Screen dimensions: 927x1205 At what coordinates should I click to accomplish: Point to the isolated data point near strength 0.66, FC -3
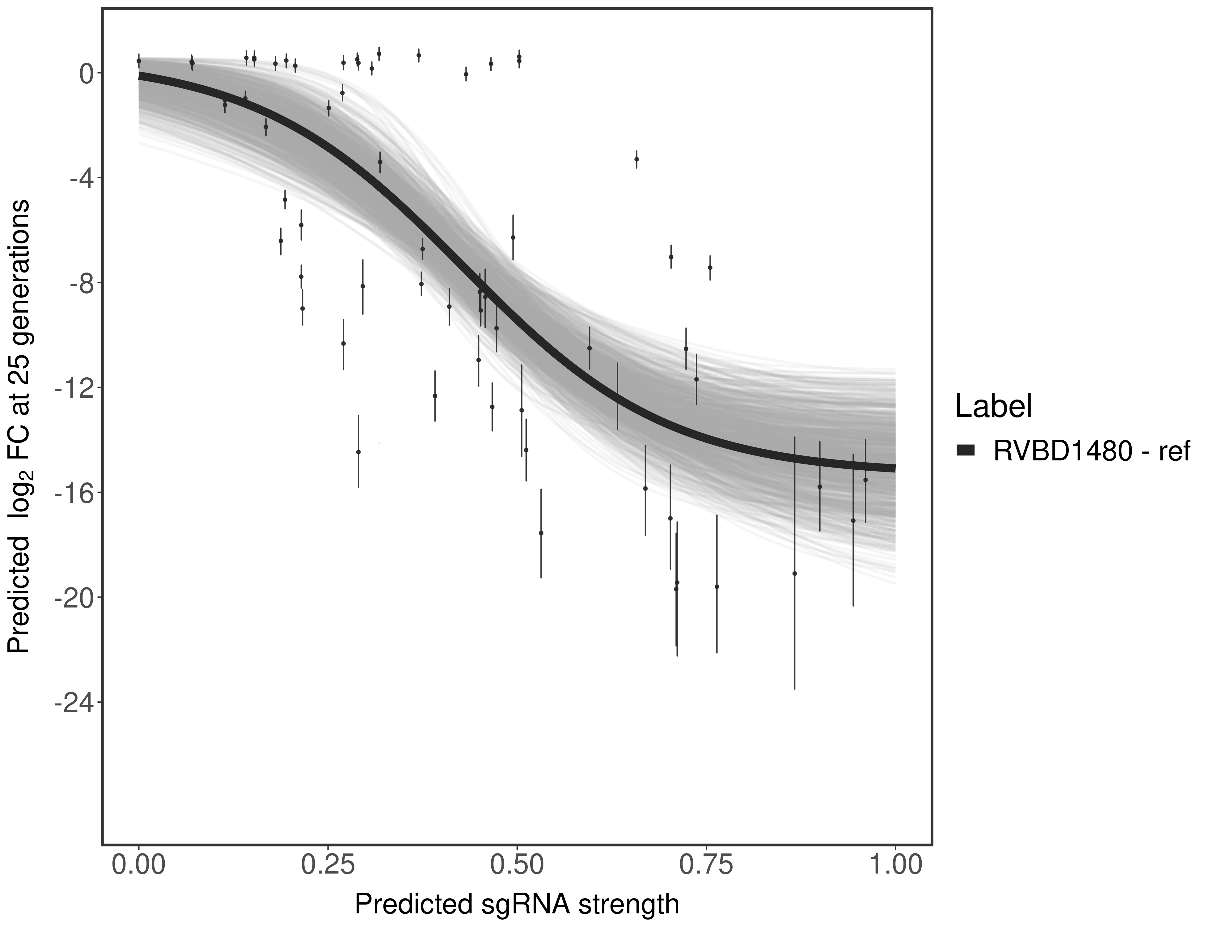637,159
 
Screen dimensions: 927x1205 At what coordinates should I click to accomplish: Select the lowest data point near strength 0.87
794,573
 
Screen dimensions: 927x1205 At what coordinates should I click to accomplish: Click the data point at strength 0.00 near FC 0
139,61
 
